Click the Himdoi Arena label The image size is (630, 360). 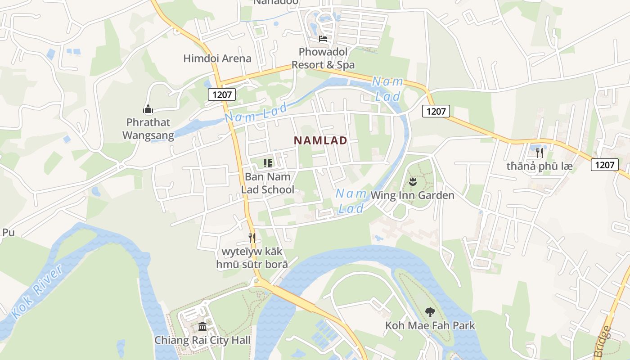217,58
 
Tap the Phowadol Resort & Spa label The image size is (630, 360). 323,58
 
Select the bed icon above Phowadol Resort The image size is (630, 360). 323,38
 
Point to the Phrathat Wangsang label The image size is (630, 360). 148,129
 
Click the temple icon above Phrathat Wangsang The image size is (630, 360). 148,109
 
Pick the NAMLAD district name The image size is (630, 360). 320,140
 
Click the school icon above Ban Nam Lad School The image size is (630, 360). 268,163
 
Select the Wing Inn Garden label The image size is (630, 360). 412,195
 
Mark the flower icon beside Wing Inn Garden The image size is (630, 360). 412,182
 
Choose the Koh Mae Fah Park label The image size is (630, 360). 430,325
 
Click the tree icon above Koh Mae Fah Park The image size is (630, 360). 430,311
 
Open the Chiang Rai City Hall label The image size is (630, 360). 202,340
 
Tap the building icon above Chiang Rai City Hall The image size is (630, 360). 202,326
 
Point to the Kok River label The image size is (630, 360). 37,292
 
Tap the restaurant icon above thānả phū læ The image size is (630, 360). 539,153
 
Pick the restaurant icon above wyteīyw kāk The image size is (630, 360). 252,238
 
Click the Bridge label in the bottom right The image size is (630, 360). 603,341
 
